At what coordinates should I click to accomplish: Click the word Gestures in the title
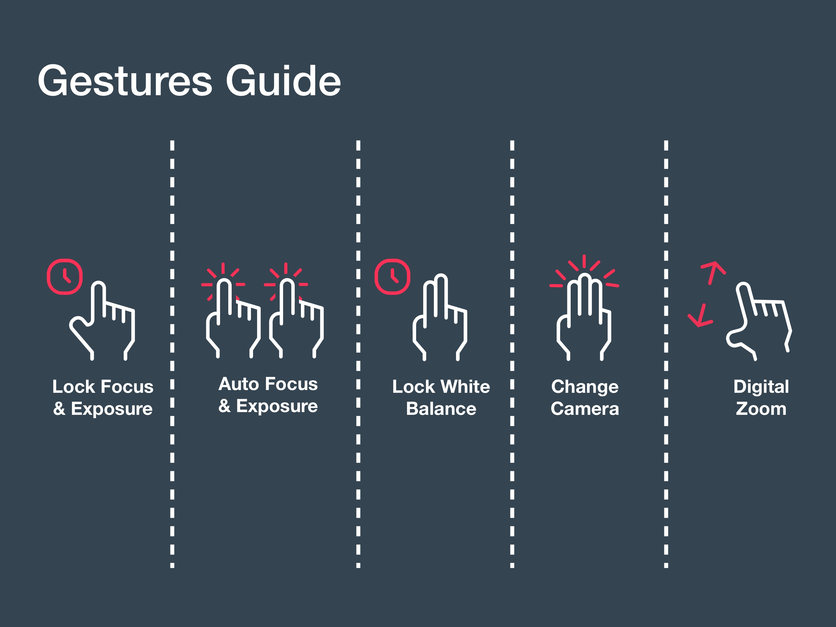click(x=125, y=81)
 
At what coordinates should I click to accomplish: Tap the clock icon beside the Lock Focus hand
click(x=65, y=276)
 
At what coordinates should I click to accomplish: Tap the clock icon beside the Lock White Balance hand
click(x=392, y=276)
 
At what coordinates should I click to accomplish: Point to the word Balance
click(x=441, y=409)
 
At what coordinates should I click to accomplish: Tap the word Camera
click(x=585, y=409)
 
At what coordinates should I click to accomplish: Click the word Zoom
click(x=761, y=409)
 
